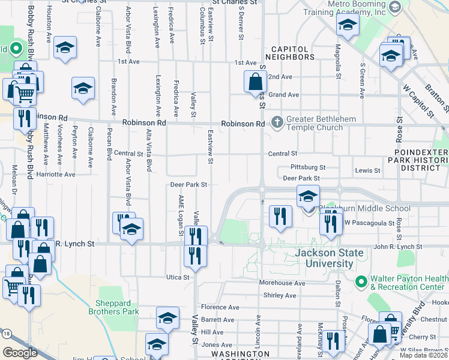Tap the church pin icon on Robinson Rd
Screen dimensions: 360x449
point(277,122)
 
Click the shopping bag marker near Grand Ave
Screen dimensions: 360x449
point(255,82)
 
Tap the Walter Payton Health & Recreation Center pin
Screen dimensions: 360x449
point(361,281)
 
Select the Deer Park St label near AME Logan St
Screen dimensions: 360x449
point(188,185)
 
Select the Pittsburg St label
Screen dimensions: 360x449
point(307,167)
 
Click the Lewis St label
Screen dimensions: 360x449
point(367,170)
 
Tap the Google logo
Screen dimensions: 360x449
point(20,353)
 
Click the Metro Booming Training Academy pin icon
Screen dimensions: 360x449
point(394,7)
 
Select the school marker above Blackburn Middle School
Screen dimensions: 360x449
point(308,197)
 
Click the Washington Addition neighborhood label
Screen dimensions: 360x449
point(240,355)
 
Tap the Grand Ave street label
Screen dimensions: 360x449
point(284,95)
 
